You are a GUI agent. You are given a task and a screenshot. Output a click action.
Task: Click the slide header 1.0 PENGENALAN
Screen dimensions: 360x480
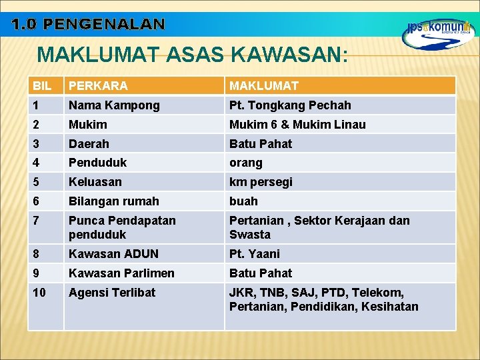(x=87, y=25)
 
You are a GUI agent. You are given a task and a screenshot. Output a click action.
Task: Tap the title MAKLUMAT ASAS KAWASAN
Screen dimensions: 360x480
(x=192, y=54)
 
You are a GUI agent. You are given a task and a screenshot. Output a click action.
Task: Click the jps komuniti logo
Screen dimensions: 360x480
(x=438, y=33)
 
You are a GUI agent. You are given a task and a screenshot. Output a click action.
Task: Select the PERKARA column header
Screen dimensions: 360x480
(x=98, y=86)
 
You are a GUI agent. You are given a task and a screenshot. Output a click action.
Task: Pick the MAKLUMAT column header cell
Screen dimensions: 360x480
(x=264, y=86)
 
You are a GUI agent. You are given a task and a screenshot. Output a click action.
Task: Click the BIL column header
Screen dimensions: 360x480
(x=41, y=86)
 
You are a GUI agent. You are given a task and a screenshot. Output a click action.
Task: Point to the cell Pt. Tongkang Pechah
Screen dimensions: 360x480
(x=290, y=105)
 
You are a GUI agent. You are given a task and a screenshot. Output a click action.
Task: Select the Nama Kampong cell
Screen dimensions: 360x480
(x=114, y=105)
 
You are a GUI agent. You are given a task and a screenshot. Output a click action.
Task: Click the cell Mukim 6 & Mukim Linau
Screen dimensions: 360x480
(x=297, y=125)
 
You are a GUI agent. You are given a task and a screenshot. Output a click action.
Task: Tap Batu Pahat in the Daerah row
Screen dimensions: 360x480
(x=261, y=144)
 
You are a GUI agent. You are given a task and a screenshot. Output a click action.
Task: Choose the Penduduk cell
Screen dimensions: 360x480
(x=97, y=163)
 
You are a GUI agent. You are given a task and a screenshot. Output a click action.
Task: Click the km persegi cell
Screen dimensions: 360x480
(x=261, y=182)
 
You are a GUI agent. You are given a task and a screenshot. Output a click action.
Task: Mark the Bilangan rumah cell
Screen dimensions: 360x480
(x=114, y=201)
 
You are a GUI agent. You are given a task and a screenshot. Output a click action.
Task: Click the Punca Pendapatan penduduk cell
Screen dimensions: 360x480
(x=122, y=227)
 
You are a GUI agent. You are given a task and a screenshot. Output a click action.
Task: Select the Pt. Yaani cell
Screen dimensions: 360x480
(x=255, y=254)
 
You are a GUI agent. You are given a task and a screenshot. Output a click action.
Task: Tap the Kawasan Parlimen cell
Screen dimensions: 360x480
(x=121, y=273)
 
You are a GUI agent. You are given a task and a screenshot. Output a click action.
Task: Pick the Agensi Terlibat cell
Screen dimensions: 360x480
(x=112, y=293)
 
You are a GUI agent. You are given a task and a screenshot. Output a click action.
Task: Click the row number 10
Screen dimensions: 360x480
(x=40, y=293)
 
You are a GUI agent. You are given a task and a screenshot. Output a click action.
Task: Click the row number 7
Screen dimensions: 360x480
(x=37, y=221)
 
